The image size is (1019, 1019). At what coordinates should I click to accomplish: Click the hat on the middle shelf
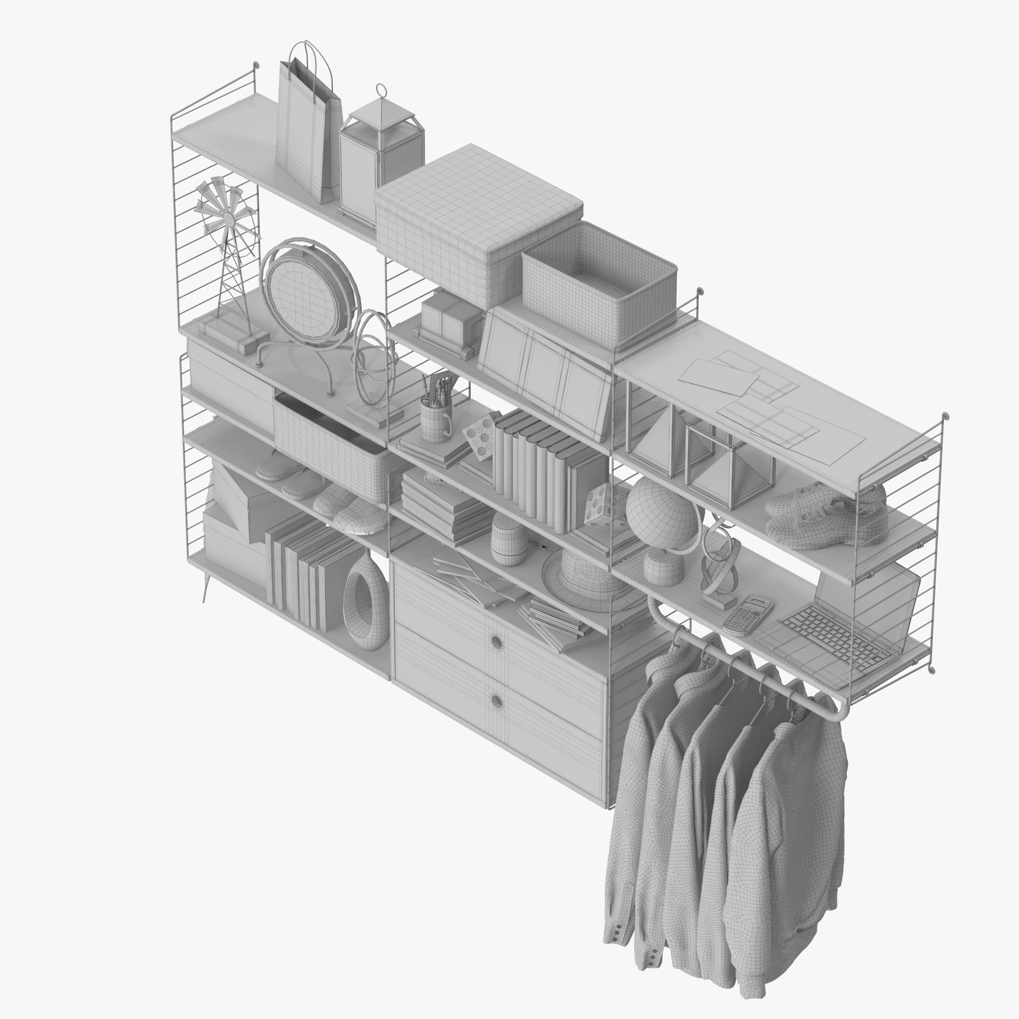[x=586, y=575]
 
